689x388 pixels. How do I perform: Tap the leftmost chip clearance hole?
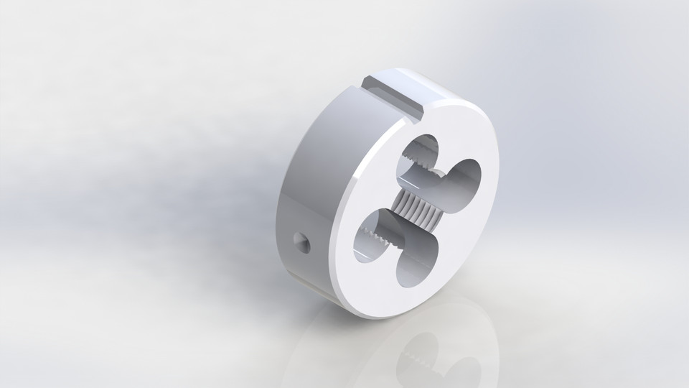pyautogui.click(x=372, y=237)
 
